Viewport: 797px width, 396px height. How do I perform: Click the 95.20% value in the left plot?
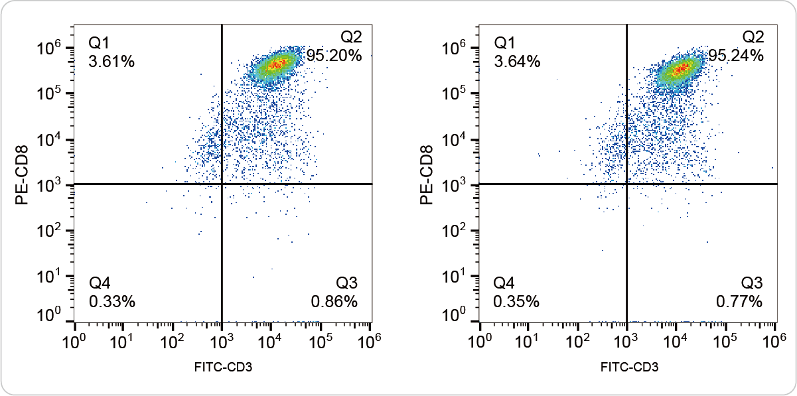coord(334,56)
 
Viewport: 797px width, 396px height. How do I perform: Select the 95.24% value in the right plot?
coord(736,56)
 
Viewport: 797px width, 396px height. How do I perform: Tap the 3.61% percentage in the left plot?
coord(111,62)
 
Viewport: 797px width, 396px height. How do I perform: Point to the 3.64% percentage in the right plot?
coord(516,62)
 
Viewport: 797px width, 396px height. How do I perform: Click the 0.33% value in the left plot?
coord(111,302)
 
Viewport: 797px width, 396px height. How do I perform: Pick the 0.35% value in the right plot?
coord(516,302)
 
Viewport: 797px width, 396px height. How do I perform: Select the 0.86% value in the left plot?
coord(334,302)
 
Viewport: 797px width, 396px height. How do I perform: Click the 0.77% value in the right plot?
coord(739,302)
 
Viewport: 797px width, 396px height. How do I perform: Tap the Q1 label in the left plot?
coord(99,44)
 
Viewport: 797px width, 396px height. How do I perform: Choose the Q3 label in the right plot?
coord(752,283)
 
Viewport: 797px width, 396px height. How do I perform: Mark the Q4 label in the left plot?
coord(99,283)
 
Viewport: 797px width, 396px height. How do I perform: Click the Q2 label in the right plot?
coord(753,36)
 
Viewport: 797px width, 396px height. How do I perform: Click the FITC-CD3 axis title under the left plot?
coord(224,367)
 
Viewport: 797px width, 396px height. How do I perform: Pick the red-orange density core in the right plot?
coord(682,68)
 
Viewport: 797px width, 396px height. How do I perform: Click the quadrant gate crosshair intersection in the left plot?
coord(222,184)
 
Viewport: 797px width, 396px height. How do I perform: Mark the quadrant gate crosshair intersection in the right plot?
coord(626,184)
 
